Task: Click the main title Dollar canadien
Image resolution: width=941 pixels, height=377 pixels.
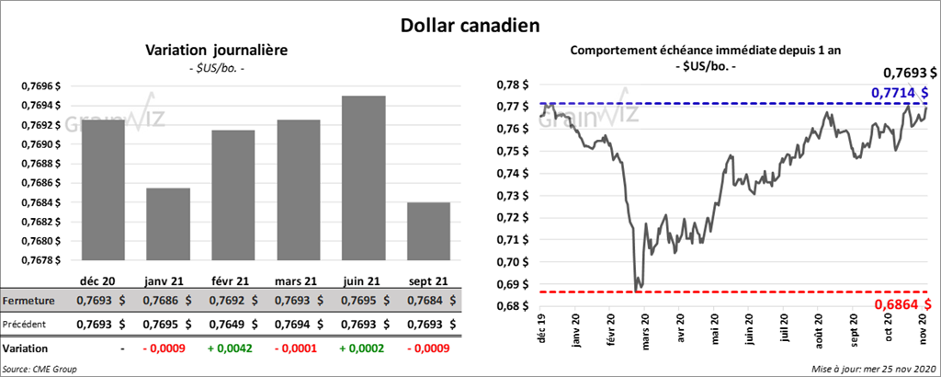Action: (470, 25)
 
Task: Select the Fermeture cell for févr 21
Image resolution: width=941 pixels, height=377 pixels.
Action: (232, 300)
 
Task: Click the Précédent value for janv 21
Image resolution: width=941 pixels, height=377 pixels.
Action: (167, 324)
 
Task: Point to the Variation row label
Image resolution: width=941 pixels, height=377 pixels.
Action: (27, 349)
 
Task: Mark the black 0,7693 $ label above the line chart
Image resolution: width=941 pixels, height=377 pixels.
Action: (910, 72)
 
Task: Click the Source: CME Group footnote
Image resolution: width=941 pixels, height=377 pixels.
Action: (40, 369)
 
